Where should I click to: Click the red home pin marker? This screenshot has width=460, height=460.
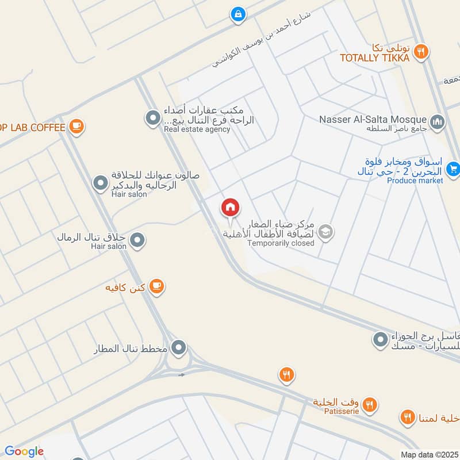point(231,207)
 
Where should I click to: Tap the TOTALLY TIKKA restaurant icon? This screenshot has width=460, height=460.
point(421,52)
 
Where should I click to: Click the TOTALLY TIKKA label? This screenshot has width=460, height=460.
point(374,58)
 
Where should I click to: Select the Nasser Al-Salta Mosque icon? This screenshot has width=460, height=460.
point(438,121)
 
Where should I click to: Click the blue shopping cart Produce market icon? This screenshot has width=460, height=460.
point(453,169)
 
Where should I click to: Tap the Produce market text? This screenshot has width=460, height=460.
point(415,181)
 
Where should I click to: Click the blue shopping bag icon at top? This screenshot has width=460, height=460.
point(237,14)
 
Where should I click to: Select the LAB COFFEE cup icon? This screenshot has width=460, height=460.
point(76,125)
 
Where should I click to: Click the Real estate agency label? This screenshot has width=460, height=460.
point(197,129)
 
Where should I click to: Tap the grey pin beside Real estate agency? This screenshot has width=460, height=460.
point(152,118)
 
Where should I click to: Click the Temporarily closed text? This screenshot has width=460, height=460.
point(281,243)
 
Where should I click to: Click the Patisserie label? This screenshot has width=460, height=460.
point(336,411)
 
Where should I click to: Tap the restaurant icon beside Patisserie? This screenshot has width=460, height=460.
point(370,405)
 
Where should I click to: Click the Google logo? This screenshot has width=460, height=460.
point(24,451)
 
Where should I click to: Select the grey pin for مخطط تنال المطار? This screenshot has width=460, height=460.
point(179,347)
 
